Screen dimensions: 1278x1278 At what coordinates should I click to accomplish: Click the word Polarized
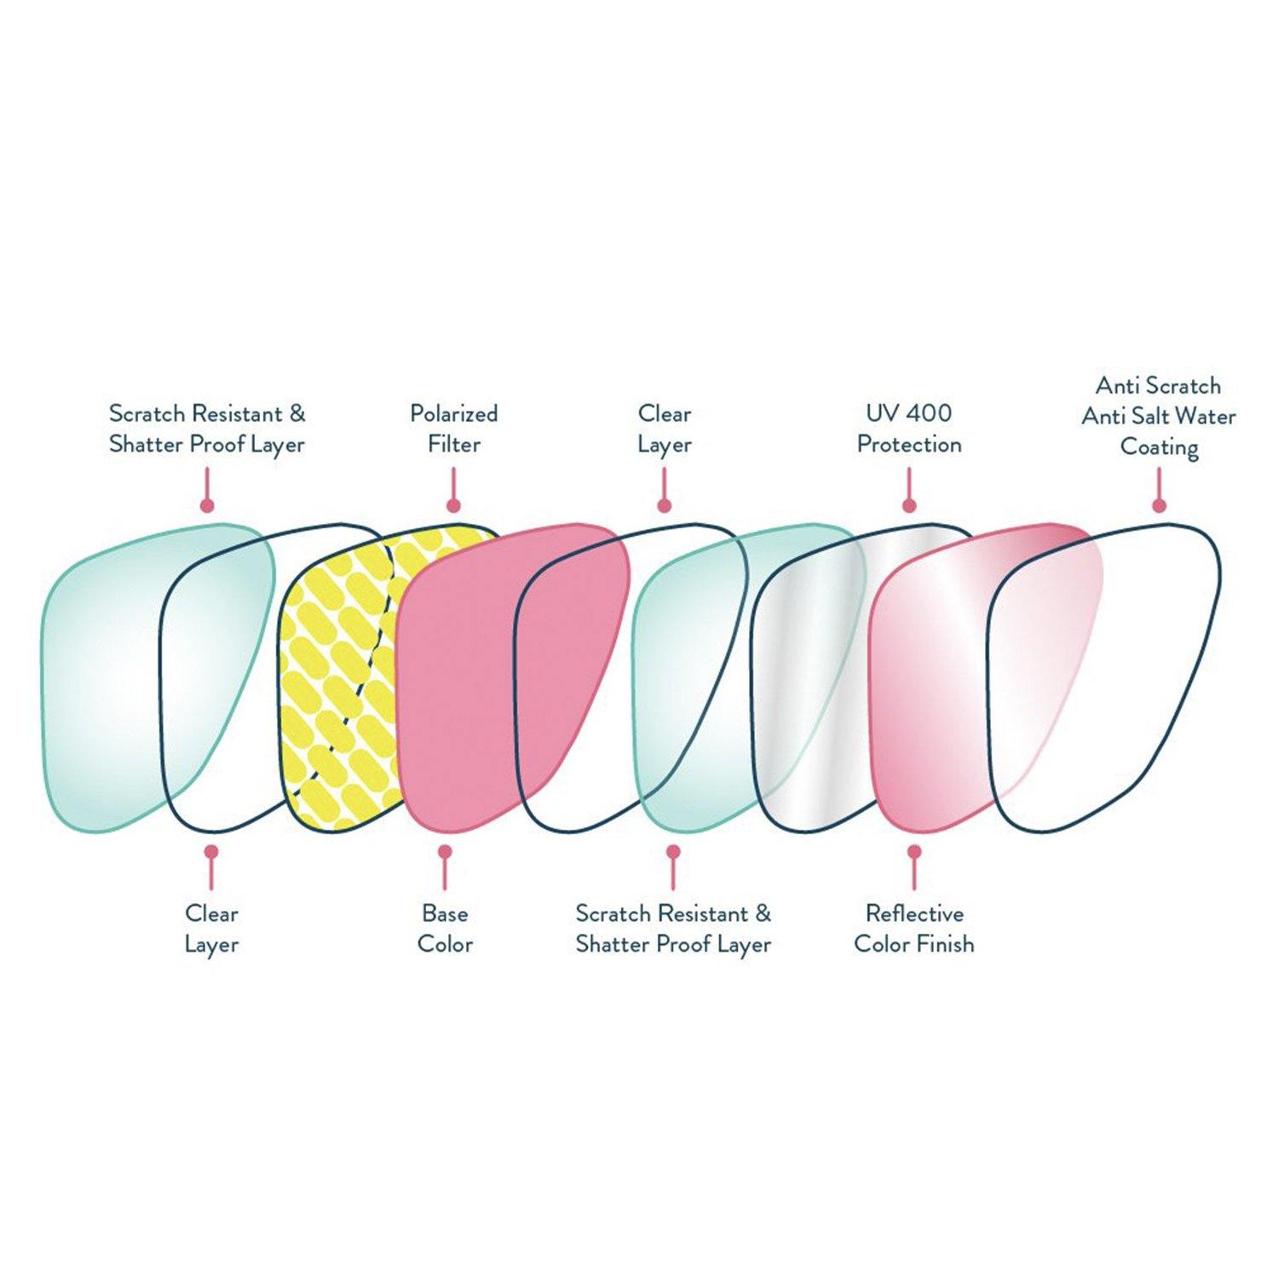click(x=453, y=414)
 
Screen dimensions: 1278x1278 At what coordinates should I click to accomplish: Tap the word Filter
click(x=454, y=444)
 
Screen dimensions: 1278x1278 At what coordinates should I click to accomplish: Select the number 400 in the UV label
click(x=928, y=413)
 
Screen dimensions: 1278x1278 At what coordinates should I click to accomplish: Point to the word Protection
click(x=909, y=444)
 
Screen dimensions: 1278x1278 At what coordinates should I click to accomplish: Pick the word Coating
click(x=1159, y=447)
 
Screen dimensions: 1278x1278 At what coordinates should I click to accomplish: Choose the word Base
click(x=445, y=913)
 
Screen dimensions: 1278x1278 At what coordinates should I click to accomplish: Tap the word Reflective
click(x=914, y=913)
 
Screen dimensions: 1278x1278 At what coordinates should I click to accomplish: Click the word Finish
click(x=945, y=944)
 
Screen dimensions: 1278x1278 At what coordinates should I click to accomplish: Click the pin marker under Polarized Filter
click(x=454, y=505)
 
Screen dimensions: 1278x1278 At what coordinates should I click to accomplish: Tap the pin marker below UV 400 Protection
click(x=909, y=505)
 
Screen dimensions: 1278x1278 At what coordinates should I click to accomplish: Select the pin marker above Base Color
click(x=444, y=851)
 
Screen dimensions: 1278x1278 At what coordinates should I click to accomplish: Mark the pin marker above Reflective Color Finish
click(x=914, y=851)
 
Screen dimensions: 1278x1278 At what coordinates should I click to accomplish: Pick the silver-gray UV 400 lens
click(x=809, y=682)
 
